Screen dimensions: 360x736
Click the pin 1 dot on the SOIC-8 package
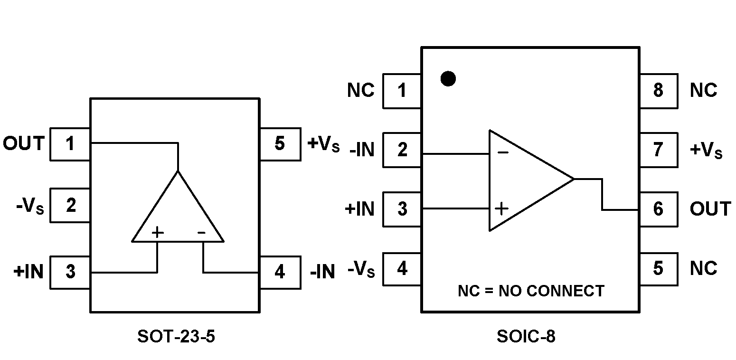(x=448, y=78)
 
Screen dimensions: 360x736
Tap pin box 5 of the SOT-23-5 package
(x=280, y=144)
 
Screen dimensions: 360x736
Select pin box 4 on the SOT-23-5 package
(x=280, y=272)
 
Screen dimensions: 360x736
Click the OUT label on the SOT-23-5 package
(x=24, y=143)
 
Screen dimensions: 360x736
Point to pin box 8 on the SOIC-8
(x=659, y=91)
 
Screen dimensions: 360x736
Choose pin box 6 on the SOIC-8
(x=659, y=209)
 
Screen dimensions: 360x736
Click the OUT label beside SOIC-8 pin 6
(x=710, y=209)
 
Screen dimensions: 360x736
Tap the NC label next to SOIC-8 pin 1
(x=361, y=90)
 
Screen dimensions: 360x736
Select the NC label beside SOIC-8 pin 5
(x=703, y=268)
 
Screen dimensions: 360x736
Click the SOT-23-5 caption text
(x=176, y=337)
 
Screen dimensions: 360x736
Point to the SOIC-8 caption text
(x=526, y=337)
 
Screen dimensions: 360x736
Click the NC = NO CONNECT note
(x=531, y=291)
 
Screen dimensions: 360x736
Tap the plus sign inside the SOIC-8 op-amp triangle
(x=501, y=208)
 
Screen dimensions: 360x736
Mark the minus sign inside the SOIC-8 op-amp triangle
(x=503, y=153)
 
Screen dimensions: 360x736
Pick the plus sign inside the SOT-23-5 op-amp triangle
(x=157, y=232)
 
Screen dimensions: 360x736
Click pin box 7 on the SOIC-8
(x=659, y=150)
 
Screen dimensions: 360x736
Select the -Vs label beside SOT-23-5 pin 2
(x=29, y=207)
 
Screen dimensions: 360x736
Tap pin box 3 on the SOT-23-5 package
(x=70, y=272)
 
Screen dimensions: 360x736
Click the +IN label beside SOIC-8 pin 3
(x=360, y=209)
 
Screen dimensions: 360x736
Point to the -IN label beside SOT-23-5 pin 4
(x=323, y=272)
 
